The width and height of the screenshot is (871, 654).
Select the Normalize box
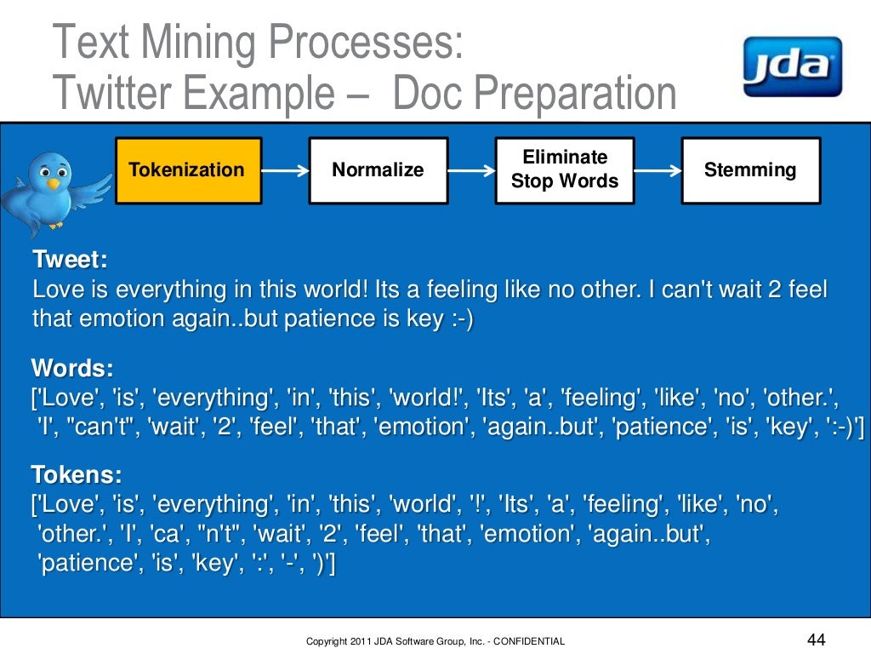click(x=378, y=170)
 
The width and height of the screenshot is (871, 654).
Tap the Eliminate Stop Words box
click(x=565, y=170)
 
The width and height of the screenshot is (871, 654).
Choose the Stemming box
click(x=750, y=170)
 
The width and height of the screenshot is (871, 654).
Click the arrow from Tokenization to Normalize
click(x=285, y=170)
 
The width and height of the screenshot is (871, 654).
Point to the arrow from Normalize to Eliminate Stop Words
click(x=471, y=170)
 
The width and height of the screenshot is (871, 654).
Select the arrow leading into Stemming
click(x=658, y=170)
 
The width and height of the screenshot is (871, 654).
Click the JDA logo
click(x=791, y=66)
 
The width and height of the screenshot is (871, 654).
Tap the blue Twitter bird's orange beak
click(x=54, y=183)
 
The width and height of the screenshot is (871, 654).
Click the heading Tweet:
click(x=70, y=259)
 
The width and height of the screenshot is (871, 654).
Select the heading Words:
click(x=72, y=369)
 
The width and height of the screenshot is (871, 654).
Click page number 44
click(x=815, y=640)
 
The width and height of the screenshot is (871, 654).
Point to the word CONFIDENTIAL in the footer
click(x=528, y=641)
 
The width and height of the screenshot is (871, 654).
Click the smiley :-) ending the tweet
click(x=458, y=318)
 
